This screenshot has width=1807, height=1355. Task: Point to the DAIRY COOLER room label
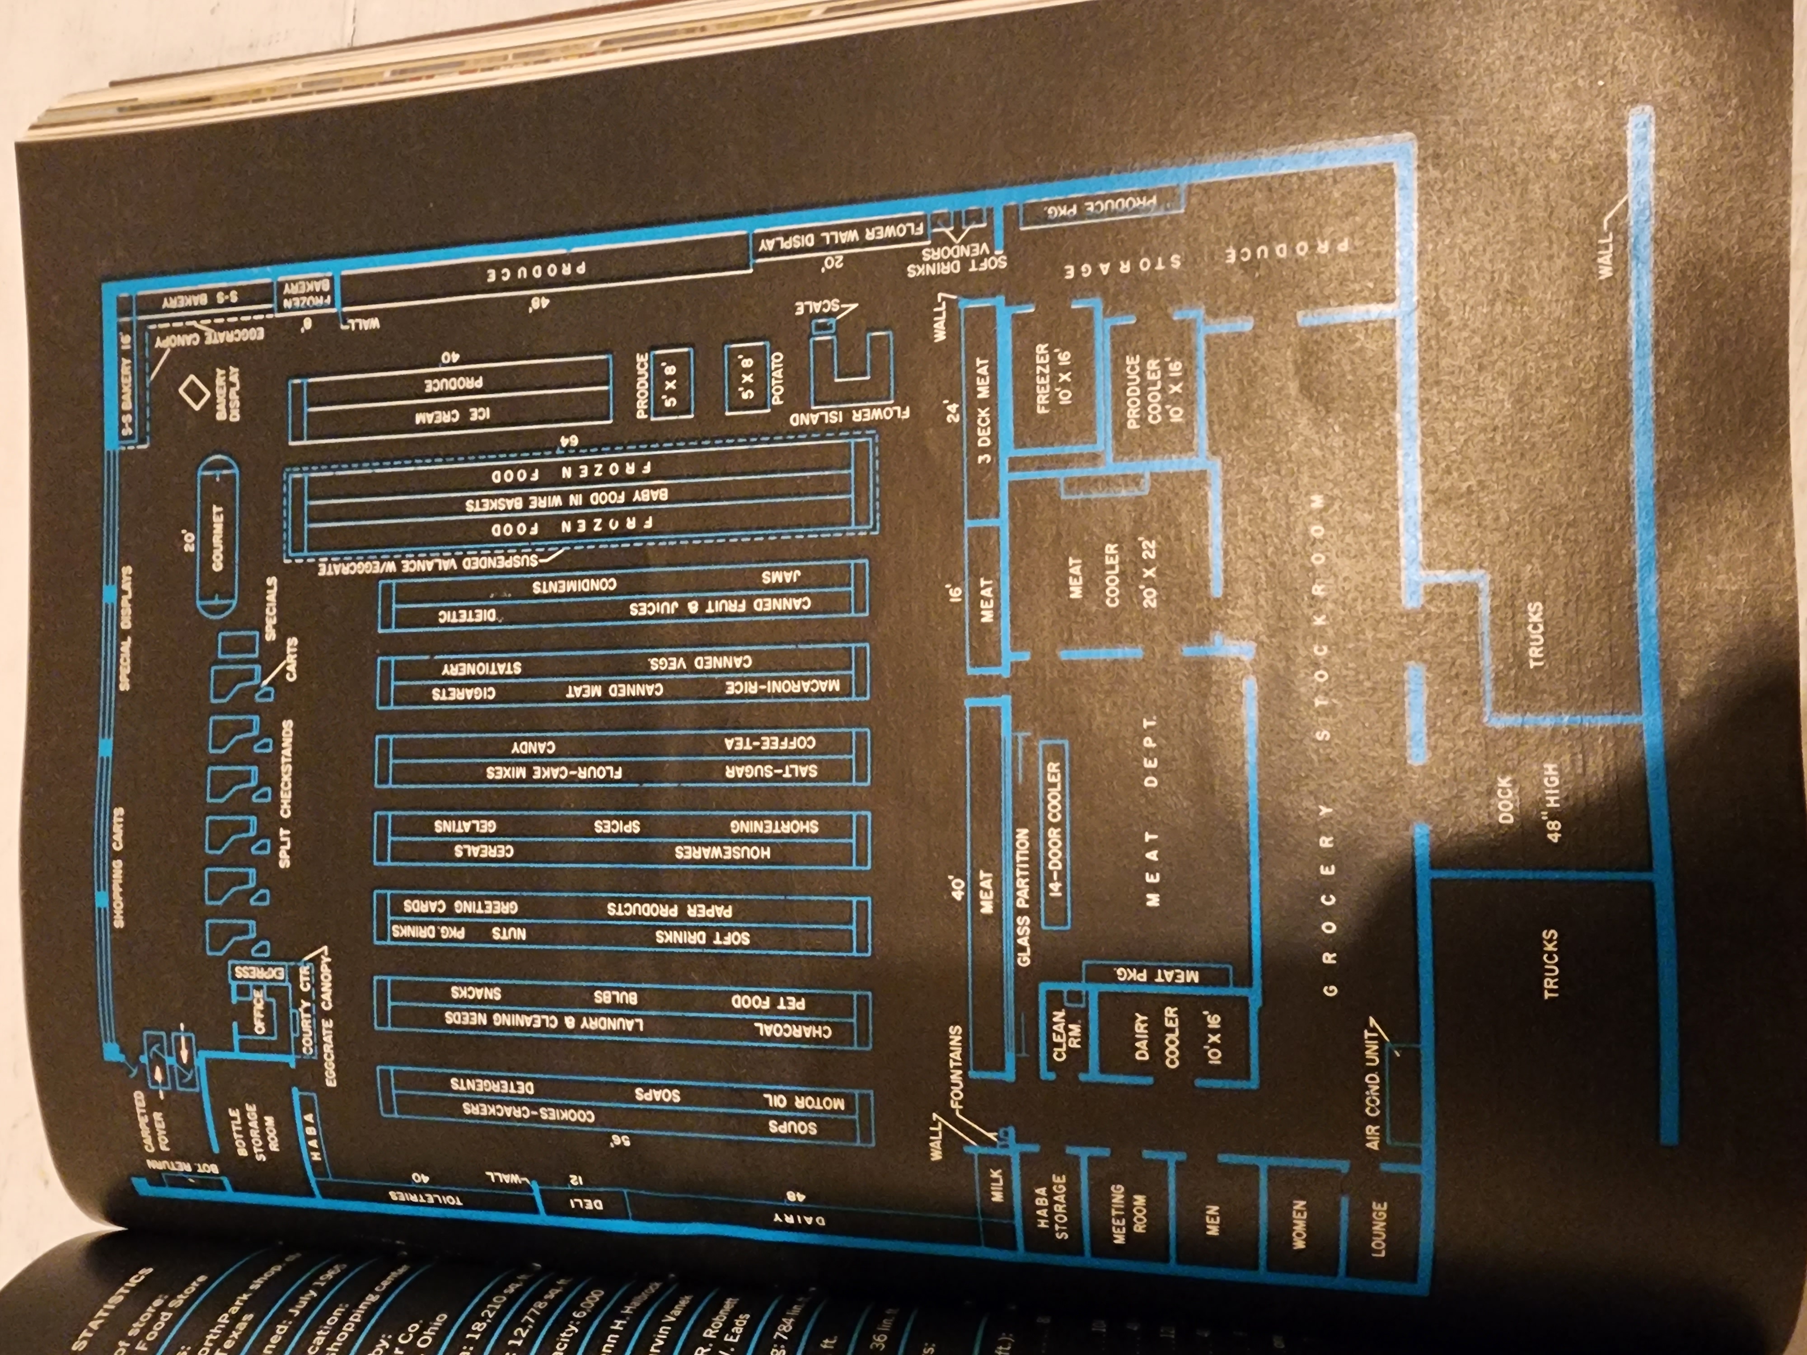click(1170, 1037)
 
